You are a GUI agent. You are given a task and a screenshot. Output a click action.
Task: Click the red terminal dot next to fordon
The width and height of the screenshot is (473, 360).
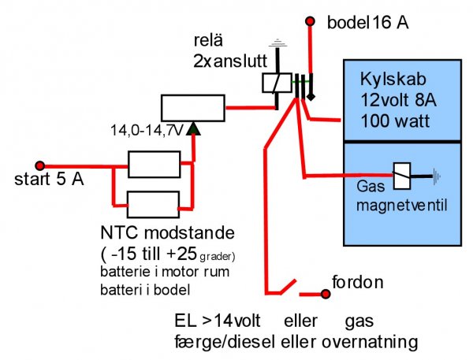[324, 295]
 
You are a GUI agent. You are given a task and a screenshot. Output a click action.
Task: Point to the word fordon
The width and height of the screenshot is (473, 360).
[358, 281]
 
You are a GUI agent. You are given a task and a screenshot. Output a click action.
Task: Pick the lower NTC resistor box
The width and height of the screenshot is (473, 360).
[155, 204]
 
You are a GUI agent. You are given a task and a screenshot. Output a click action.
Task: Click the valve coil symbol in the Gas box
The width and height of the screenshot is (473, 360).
[401, 177]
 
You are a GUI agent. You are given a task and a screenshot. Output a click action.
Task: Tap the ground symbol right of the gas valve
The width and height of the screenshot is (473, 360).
[436, 177]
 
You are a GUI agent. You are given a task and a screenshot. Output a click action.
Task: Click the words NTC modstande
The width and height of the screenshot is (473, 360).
[168, 235]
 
